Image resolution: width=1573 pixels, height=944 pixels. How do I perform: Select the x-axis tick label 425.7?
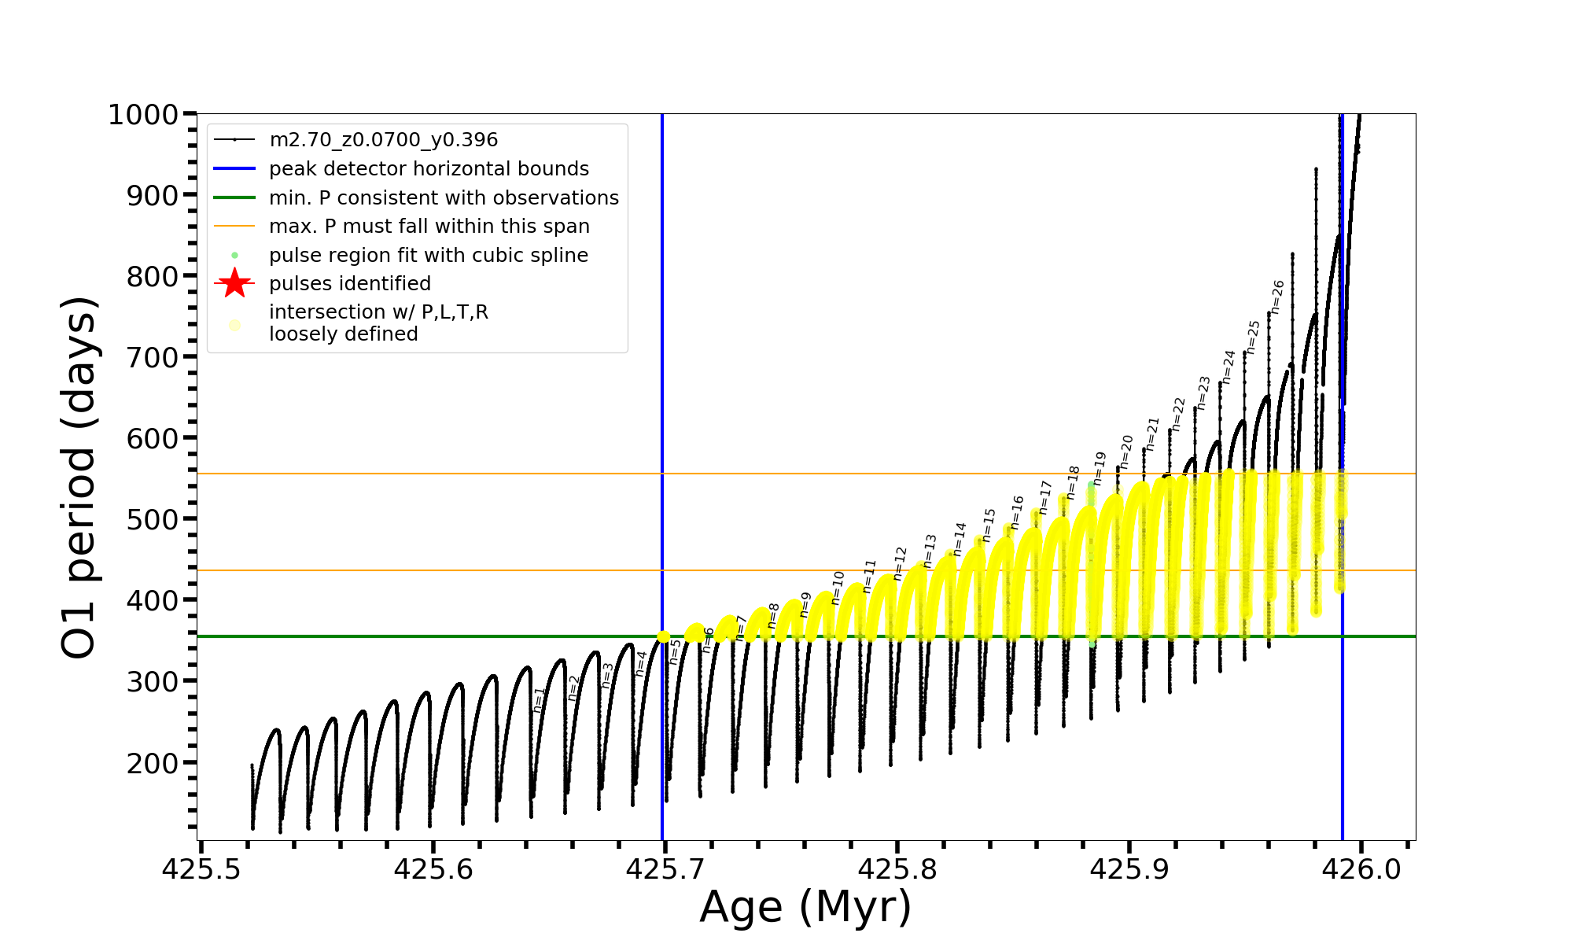[665, 869]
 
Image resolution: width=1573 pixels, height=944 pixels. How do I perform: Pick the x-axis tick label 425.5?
[201, 869]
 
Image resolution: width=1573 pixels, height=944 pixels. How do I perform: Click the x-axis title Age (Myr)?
[805, 907]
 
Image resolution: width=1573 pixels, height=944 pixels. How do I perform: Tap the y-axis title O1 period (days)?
[79, 478]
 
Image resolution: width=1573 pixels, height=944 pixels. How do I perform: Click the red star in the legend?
[234, 283]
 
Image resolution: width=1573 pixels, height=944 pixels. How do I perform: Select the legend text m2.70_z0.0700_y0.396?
[383, 140]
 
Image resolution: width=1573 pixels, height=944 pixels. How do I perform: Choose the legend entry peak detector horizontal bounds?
[429, 169]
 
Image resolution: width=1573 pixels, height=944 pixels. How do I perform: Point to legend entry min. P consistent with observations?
[444, 198]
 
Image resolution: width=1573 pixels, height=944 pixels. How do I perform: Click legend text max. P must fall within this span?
[429, 227]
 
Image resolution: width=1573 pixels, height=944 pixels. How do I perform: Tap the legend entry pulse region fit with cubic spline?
[428, 256]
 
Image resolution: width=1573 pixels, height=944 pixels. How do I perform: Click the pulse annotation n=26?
[1277, 297]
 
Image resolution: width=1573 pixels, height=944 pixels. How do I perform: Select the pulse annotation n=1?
[539, 700]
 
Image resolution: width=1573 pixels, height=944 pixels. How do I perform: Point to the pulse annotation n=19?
[1100, 468]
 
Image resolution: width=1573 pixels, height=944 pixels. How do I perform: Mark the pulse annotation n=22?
[1177, 414]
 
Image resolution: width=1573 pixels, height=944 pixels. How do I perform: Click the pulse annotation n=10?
[838, 588]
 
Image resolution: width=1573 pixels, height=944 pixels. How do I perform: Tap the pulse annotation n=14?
[960, 539]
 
